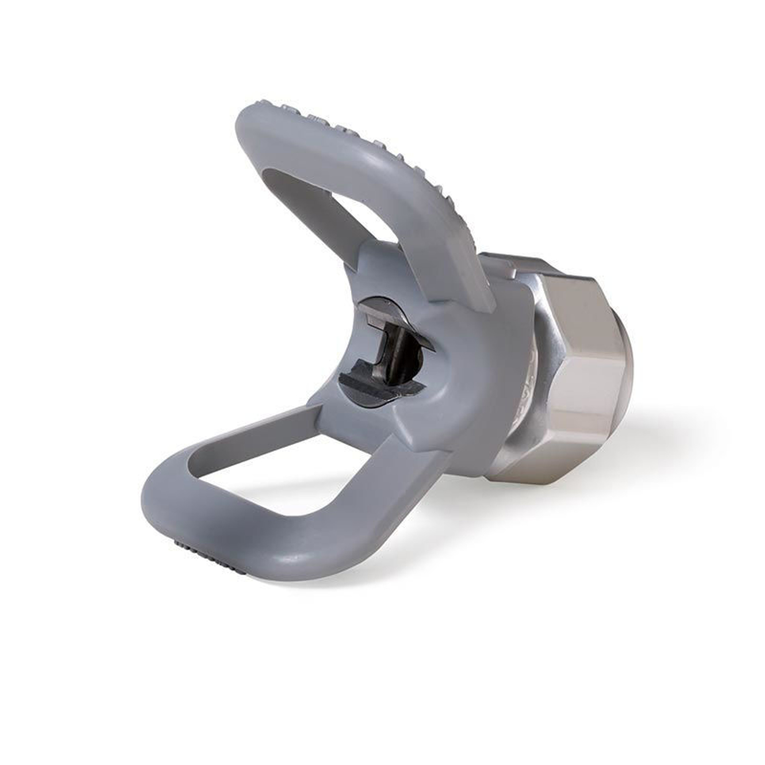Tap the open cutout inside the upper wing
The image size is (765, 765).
[315, 207]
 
